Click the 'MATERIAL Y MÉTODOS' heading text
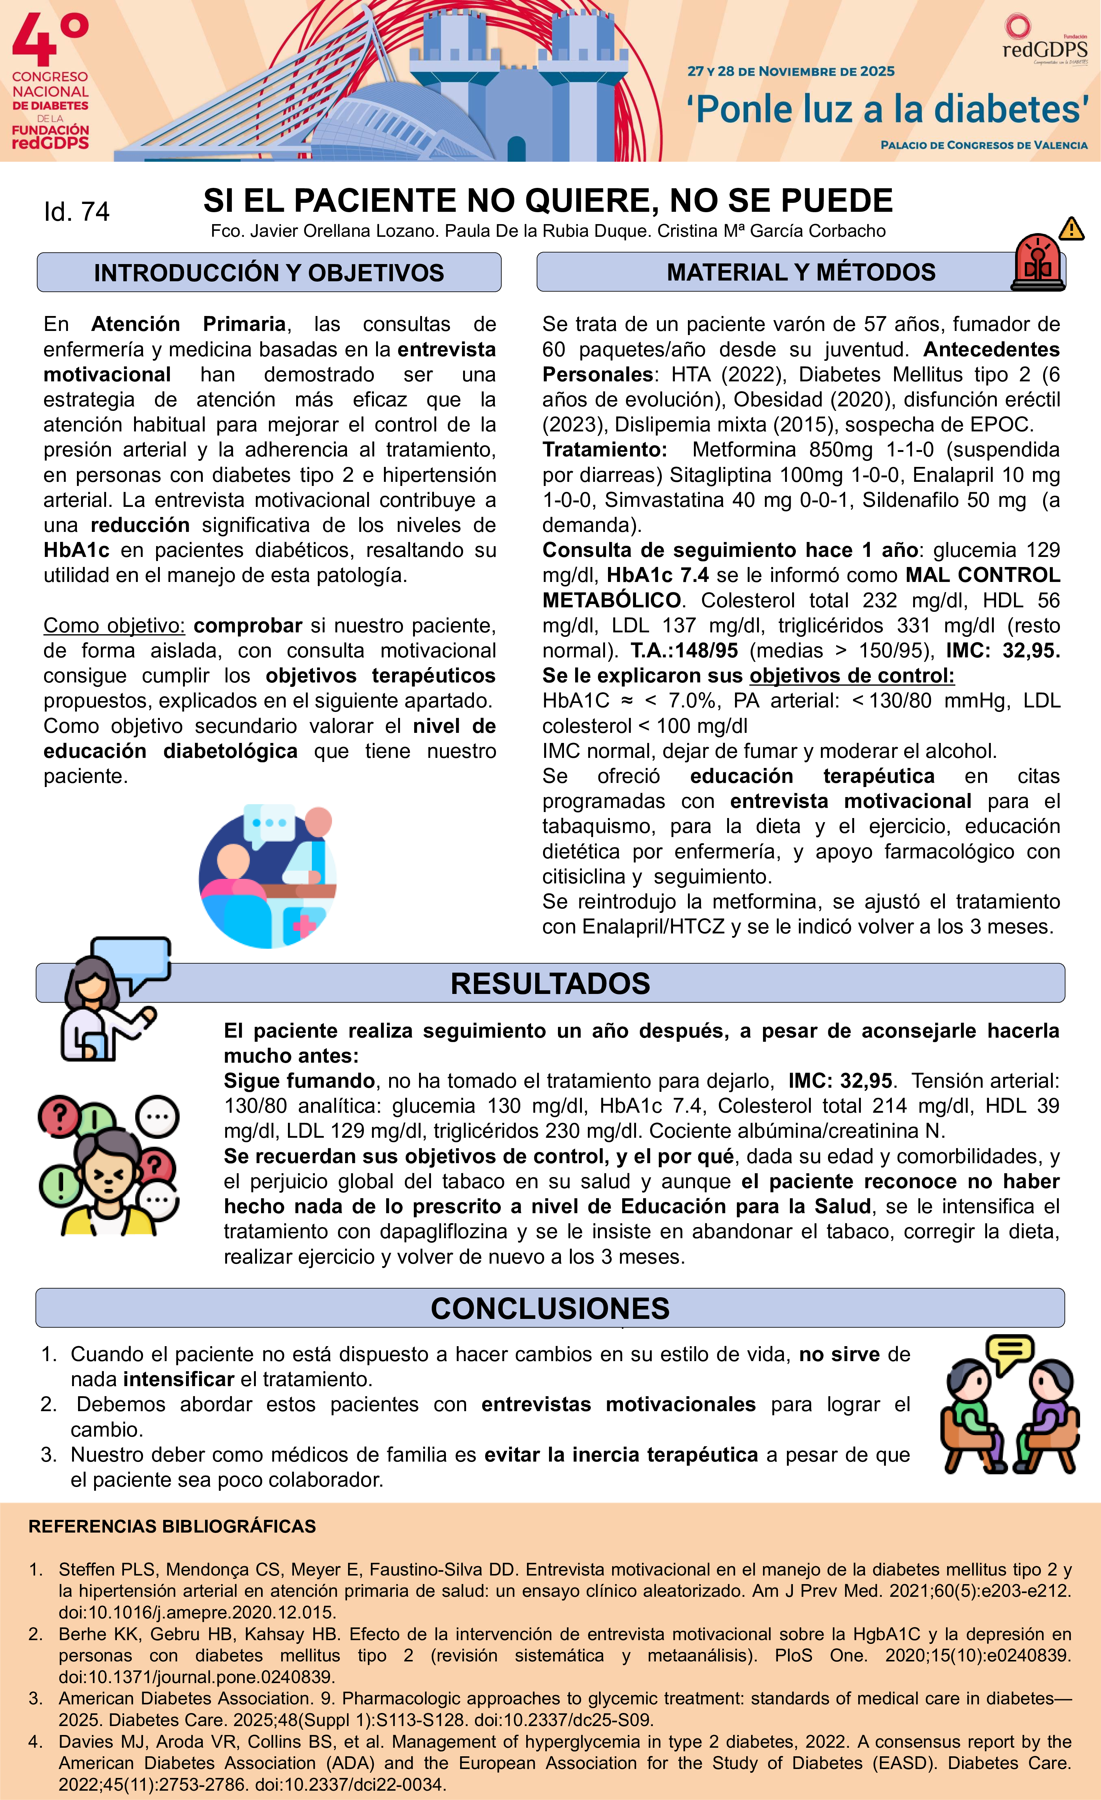click(801, 272)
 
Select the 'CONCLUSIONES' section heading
click(550, 1308)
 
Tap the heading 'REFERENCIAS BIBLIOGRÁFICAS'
click(173, 1526)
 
